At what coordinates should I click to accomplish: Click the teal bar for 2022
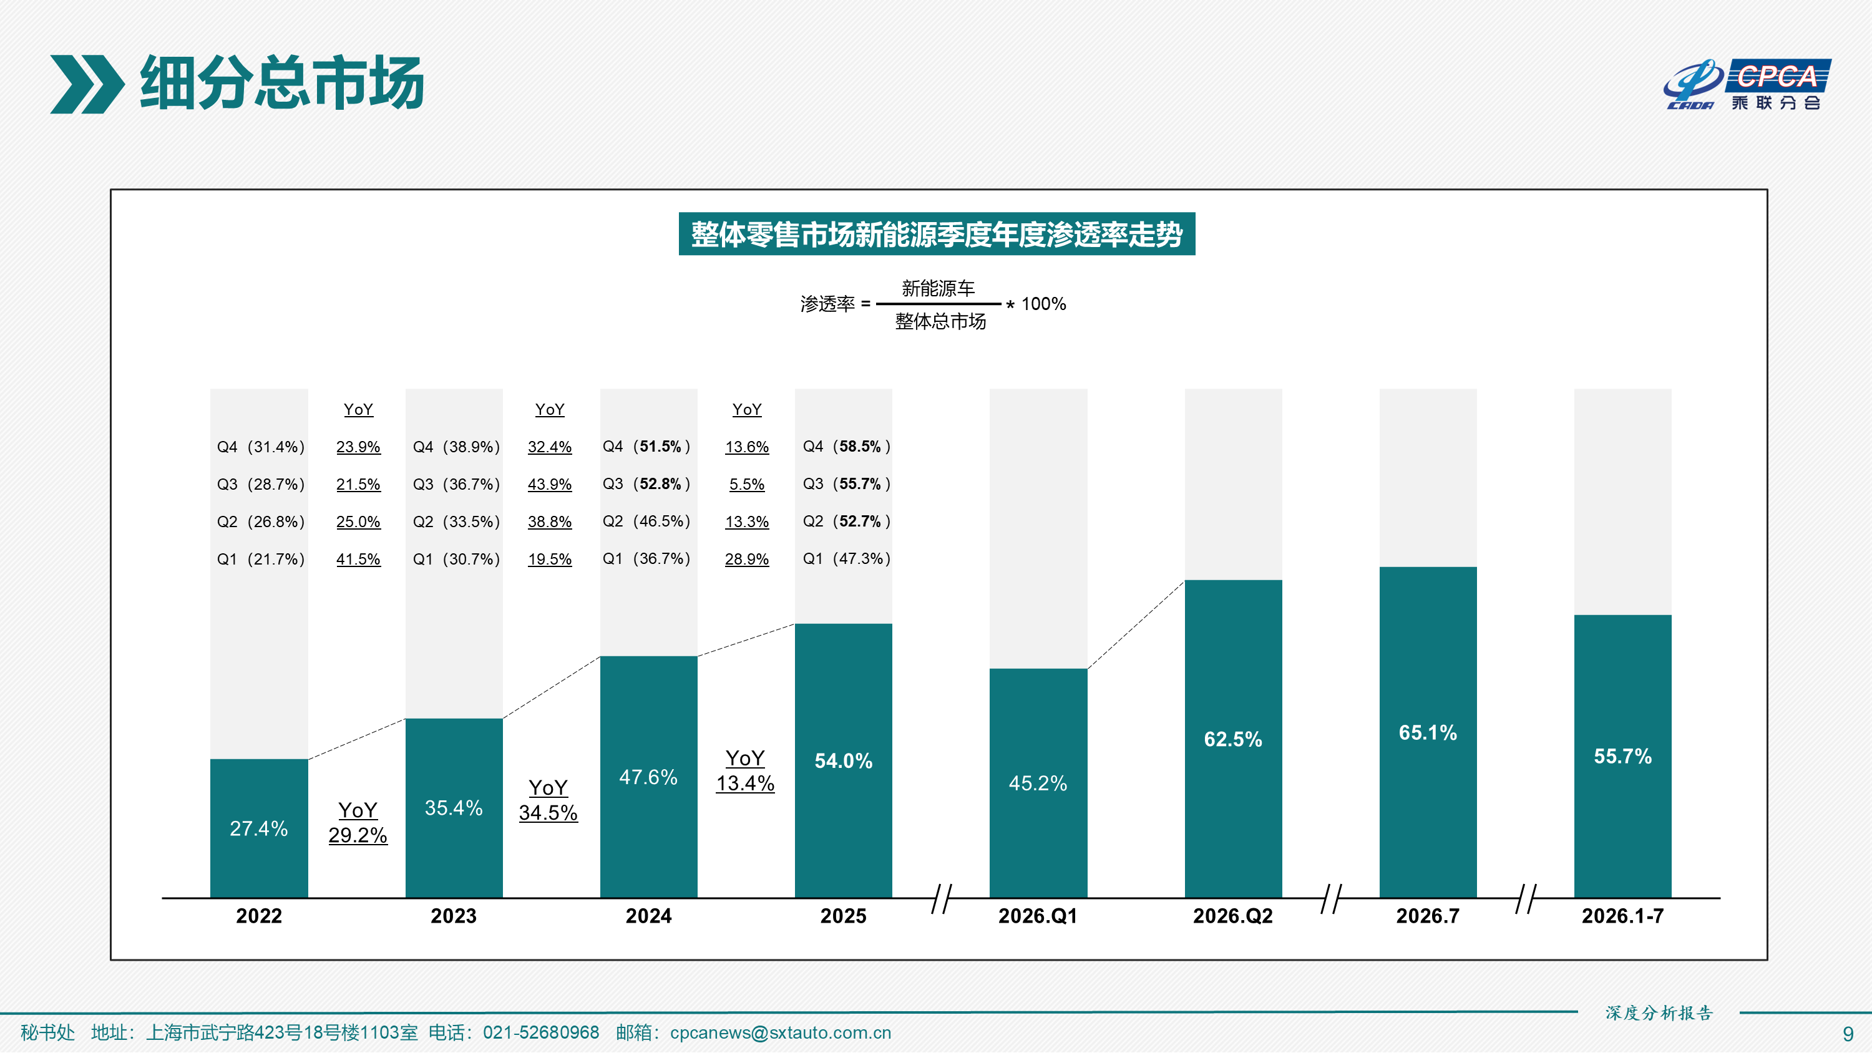[259, 828]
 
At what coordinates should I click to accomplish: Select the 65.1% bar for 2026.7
[1428, 732]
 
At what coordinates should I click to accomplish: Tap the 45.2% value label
[1038, 784]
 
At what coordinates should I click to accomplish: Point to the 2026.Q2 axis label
[1232, 916]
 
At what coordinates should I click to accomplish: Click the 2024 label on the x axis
[648, 916]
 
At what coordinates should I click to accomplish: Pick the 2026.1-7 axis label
[1623, 916]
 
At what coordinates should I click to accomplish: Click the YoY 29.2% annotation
[358, 823]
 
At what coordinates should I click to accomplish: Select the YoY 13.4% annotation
[745, 771]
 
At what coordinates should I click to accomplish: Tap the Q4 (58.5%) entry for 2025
[846, 446]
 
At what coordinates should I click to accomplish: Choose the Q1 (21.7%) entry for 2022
[260, 559]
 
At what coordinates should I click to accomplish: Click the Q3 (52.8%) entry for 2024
[646, 484]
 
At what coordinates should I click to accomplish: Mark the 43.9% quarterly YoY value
[549, 485]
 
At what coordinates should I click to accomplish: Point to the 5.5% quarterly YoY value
[746, 485]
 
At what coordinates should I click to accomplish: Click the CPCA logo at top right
[1747, 84]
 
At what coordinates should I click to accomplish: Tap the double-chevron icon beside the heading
[87, 84]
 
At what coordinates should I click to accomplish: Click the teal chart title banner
[937, 234]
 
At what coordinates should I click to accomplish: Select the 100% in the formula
[1043, 304]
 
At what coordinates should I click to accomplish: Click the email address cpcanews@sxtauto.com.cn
[781, 1032]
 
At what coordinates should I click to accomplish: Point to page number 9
[1848, 1034]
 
